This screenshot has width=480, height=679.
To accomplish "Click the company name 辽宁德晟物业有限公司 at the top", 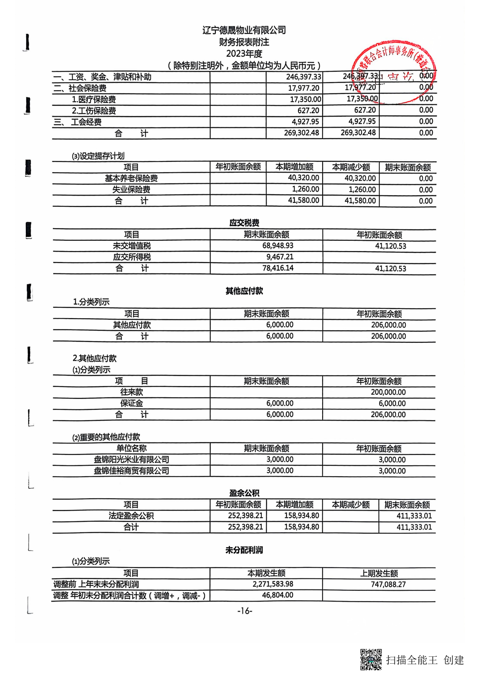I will pos(244,30).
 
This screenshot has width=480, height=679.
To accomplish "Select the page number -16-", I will pos(244,611).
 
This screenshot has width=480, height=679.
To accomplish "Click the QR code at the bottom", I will pos(371,659).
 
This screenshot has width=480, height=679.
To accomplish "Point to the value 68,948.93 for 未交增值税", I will pos(278,246).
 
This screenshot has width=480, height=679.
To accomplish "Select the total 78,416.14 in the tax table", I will pos(278,268).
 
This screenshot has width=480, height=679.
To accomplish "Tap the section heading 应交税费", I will pos(244,223).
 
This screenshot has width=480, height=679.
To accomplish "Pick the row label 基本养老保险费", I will pos(131,178).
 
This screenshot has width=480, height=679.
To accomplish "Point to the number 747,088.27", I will pos(388,584).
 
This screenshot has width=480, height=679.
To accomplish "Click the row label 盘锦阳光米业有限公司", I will pos(131,460).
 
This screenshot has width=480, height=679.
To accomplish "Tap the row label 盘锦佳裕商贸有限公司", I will pos(131,471).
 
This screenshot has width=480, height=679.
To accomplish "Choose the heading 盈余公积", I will pos(244,493).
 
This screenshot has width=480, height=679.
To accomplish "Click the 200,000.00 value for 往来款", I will pos(388,392).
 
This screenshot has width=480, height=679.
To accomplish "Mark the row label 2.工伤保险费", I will pos(94,110).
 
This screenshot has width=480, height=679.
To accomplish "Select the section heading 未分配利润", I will pos(244,550).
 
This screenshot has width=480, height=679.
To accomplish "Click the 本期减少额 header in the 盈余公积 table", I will pos(351,504).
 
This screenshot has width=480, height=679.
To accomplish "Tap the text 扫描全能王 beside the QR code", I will pos(411,660).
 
